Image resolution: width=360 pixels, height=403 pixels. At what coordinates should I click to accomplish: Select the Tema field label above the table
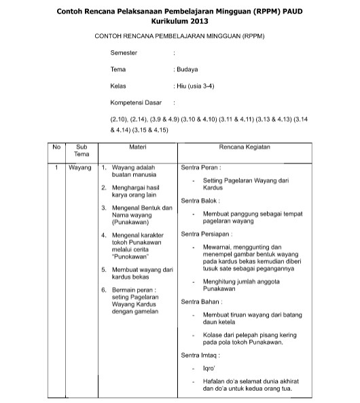[118, 69]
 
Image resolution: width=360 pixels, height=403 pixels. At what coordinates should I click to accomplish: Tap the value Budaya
[188, 69]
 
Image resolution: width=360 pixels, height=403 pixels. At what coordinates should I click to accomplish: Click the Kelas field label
[118, 86]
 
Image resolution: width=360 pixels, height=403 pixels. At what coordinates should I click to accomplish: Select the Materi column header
[138, 147]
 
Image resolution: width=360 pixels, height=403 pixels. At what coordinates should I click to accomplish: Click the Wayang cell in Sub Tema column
[80, 167]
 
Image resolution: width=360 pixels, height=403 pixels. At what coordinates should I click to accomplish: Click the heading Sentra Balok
[201, 200]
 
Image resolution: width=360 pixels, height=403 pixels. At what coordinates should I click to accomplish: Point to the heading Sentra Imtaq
[202, 355]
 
